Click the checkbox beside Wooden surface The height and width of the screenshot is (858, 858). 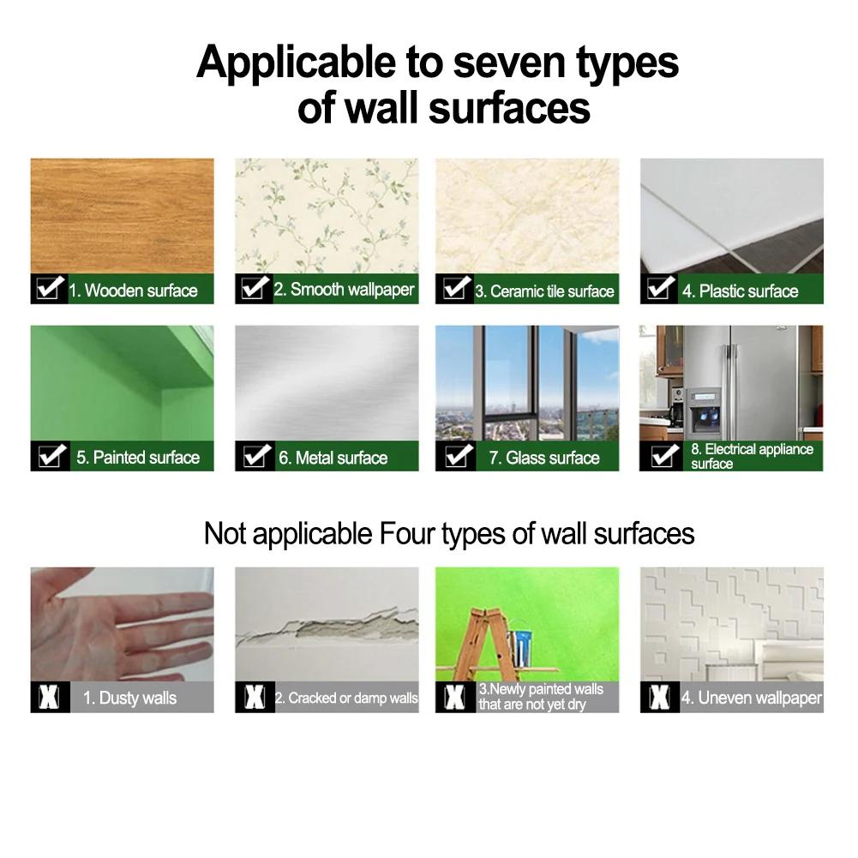tap(48, 288)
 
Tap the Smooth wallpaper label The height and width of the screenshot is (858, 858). tap(344, 290)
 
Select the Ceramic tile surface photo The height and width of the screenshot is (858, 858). tap(527, 216)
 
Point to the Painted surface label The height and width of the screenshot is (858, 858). tap(138, 458)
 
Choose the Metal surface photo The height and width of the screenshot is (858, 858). tap(327, 383)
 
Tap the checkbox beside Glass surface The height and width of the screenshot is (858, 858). tap(458, 455)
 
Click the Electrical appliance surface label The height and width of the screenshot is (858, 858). tap(752, 456)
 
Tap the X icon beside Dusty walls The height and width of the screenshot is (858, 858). tap(49, 697)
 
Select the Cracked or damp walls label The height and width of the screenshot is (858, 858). tap(345, 698)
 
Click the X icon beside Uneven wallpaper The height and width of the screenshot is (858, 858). tap(659, 697)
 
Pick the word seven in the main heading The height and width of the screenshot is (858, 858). tap(508, 63)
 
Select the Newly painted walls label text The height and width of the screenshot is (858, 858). tap(541, 697)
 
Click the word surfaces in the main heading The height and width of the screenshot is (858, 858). tap(509, 108)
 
